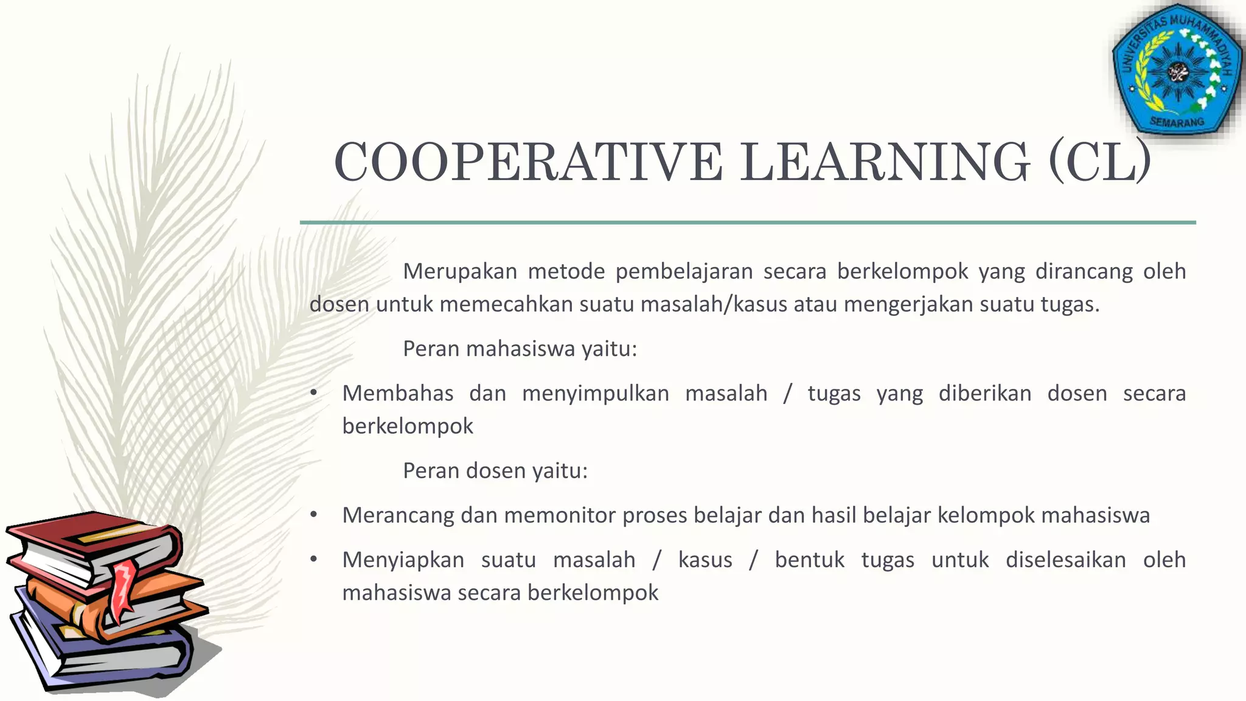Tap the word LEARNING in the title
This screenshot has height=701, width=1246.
coord(885,162)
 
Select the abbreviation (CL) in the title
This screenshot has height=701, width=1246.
coord(1100,162)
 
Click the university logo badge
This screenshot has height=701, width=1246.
coord(1177,72)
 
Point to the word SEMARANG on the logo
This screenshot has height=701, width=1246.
coord(1177,122)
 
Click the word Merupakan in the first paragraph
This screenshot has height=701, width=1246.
coord(460,271)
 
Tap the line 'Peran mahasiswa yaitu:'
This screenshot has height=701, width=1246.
coord(520,349)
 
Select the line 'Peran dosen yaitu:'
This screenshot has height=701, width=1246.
coord(495,470)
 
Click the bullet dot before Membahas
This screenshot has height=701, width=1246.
coord(314,393)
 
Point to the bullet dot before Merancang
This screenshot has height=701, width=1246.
coord(314,515)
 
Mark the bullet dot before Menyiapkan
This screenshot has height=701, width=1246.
coord(314,559)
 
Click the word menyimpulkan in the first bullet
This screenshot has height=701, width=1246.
coord(595,394)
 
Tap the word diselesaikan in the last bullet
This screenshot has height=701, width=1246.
coord(1065,560)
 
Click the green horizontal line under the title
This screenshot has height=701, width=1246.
coord(748,223)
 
